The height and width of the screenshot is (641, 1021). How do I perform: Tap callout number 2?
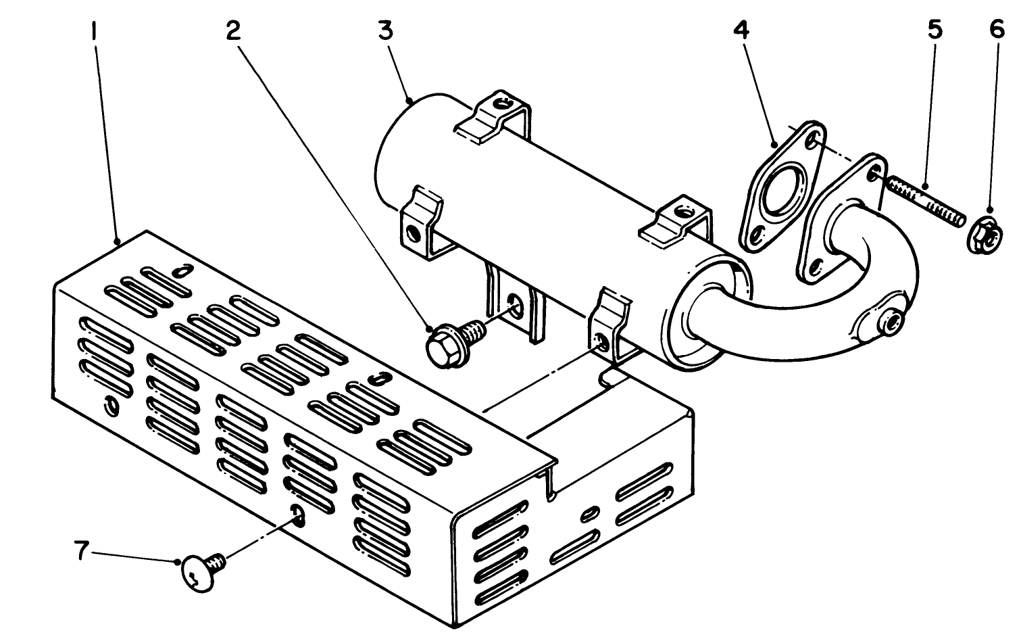(x=233, y=31)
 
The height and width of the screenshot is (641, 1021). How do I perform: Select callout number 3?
(x=386, y=31)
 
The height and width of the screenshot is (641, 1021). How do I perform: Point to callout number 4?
(x=742, y=31)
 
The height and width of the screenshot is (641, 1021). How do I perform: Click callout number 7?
(x=81, y=552)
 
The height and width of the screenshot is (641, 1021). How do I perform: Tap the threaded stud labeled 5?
(x=925, y=201)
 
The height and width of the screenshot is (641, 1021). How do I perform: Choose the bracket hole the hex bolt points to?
(x=516, y=304)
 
